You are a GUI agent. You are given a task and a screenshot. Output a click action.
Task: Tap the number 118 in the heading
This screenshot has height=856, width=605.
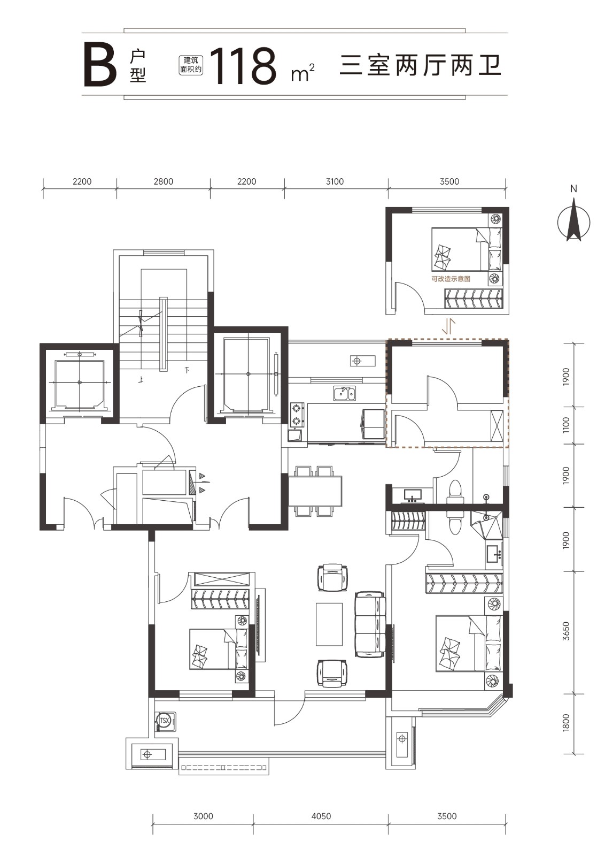click(x=243, y=66)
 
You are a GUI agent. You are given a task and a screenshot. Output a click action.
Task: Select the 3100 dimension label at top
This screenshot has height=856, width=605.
click(x=335, y=181)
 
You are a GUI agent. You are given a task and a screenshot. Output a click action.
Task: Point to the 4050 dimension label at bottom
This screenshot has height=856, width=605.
click(x=321, y=816)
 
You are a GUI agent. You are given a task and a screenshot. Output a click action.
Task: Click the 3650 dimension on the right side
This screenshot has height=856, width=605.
click(x=565, y=631)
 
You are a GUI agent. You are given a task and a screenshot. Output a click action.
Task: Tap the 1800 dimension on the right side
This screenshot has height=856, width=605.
click(x=565, y=722)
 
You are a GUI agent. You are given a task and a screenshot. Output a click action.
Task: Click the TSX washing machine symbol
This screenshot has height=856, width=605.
click(x=165, y=721)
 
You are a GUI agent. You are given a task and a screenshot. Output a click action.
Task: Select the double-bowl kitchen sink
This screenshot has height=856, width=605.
click(x=344, y=393)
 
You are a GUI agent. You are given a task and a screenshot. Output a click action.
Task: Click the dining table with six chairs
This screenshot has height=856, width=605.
click(x=315, y=491)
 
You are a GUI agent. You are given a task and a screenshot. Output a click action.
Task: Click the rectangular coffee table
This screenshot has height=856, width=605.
click(x=329, y=624)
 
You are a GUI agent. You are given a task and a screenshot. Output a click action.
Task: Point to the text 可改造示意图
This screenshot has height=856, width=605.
click(x=451, y=279)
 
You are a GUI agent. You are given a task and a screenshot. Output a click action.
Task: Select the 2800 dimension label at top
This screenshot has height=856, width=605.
click(x=164, y=181)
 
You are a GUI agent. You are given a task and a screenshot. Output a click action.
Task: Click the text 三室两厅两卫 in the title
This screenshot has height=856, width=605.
click(x=420, y=65)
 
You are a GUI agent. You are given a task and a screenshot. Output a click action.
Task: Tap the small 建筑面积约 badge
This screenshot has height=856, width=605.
click(x=191, y=65)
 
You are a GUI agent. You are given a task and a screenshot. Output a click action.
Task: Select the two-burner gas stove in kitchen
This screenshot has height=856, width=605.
click(x=297, y=415)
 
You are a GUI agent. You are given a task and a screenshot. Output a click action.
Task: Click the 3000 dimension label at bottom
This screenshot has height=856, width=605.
click(x=203, y=816)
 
